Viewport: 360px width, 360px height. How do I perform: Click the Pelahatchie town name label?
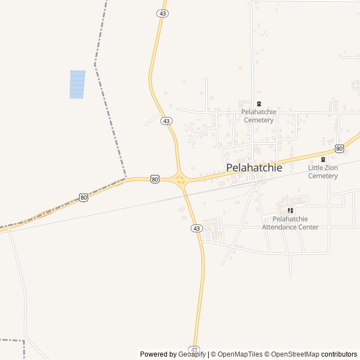[254, 167]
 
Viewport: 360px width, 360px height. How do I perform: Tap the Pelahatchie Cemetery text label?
[259, 116]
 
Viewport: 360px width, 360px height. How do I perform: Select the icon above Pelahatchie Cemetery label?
[259, 103]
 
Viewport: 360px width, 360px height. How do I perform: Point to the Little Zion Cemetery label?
[323, 172]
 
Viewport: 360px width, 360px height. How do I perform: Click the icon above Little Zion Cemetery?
[323, 159]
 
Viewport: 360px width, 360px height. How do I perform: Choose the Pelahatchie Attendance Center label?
[290, 223]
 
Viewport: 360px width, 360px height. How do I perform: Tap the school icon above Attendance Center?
[290, 210]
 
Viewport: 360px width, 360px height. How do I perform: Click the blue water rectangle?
[77, 84]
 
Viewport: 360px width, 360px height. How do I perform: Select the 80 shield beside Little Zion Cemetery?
[339, 148]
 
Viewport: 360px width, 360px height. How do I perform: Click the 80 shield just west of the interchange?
[155, 179]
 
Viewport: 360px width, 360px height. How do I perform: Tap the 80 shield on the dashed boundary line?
[83, 197]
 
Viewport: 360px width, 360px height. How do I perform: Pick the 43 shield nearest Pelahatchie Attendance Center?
[196, 228]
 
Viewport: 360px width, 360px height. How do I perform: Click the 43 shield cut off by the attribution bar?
[193, 349]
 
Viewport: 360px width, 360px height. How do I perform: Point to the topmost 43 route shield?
[163, 13]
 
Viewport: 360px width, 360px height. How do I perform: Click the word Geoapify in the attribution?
[192, 354]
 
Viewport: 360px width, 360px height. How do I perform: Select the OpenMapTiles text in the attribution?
[240, 354]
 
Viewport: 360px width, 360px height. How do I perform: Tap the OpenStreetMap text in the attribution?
[295, 354]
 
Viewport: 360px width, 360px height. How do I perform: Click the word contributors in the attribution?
[339, 354]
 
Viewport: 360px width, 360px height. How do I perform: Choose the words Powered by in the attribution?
[158, 354]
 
